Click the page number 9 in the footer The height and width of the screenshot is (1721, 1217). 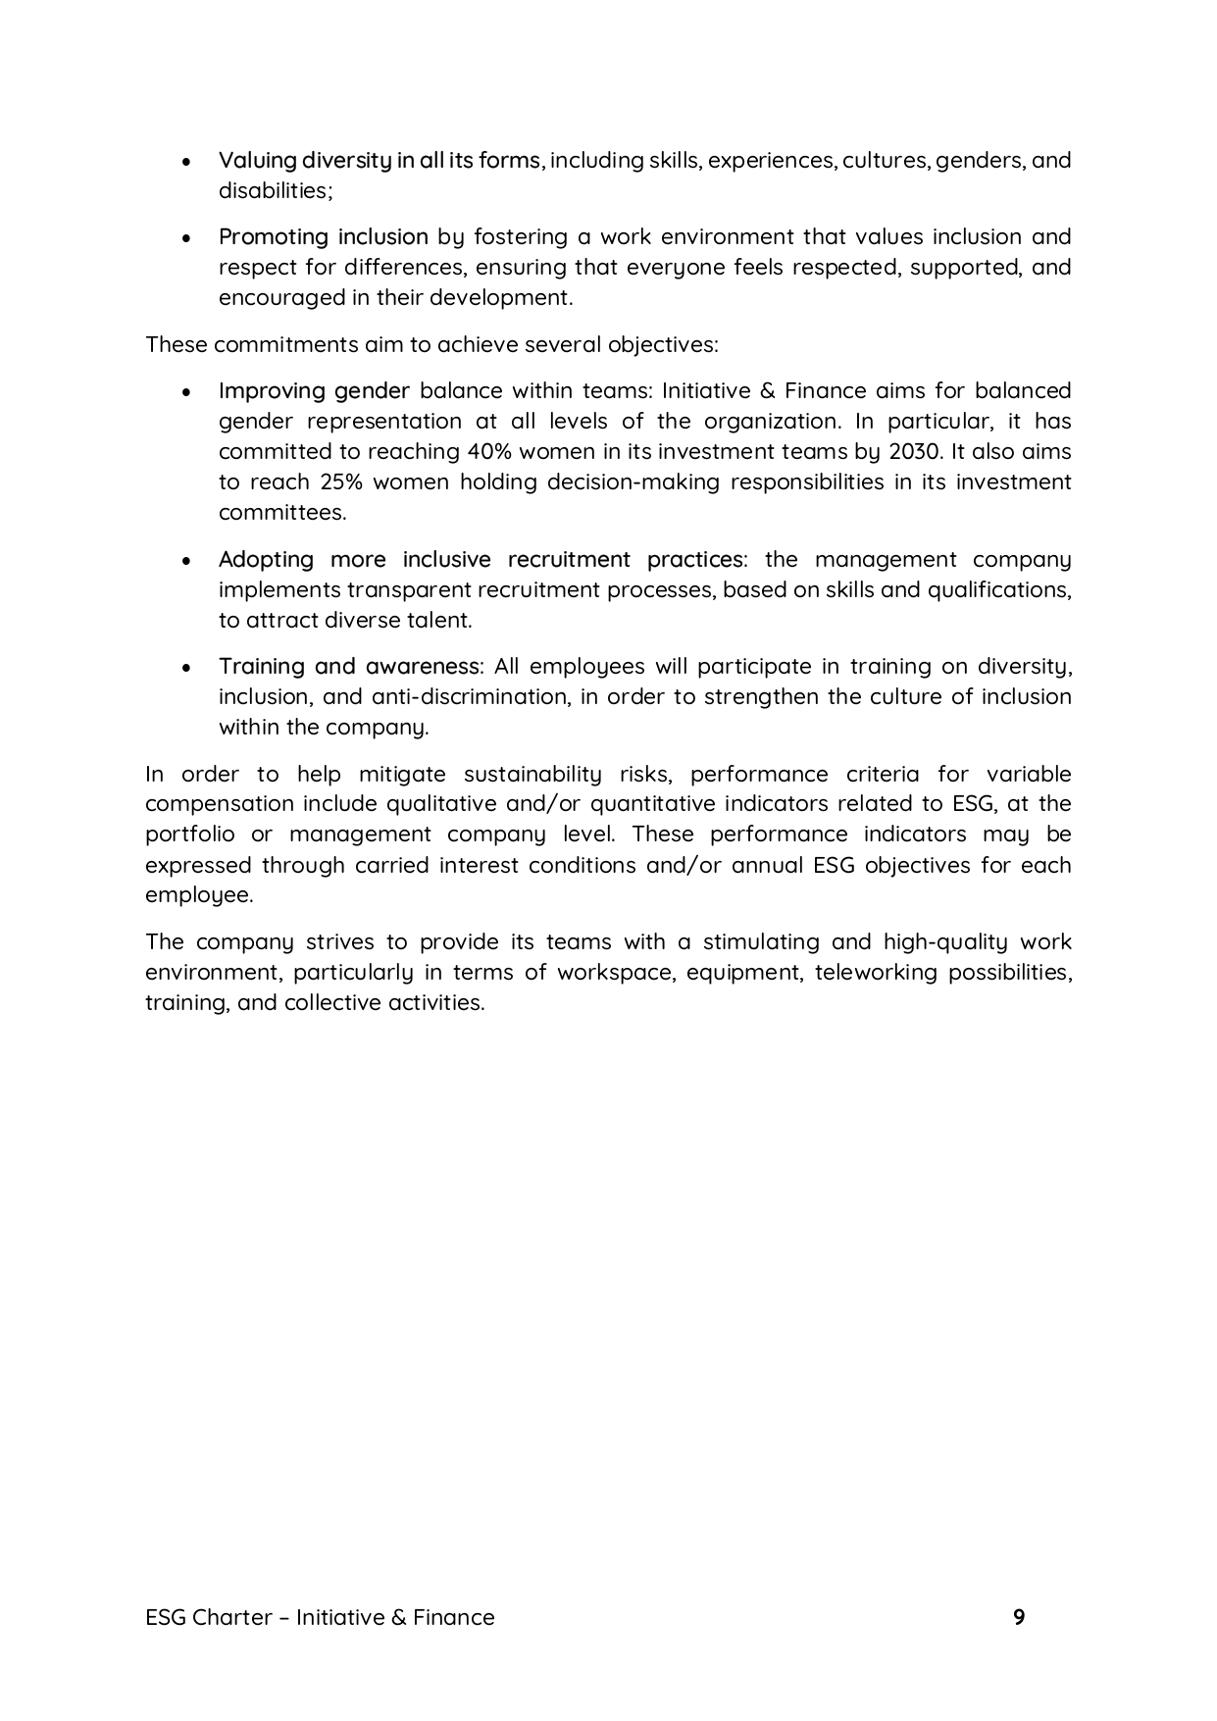1019,1617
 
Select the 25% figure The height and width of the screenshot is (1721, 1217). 340,481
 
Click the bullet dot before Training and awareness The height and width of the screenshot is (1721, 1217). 187,668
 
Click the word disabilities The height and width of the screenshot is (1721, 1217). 274,190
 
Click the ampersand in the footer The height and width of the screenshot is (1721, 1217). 398,1617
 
